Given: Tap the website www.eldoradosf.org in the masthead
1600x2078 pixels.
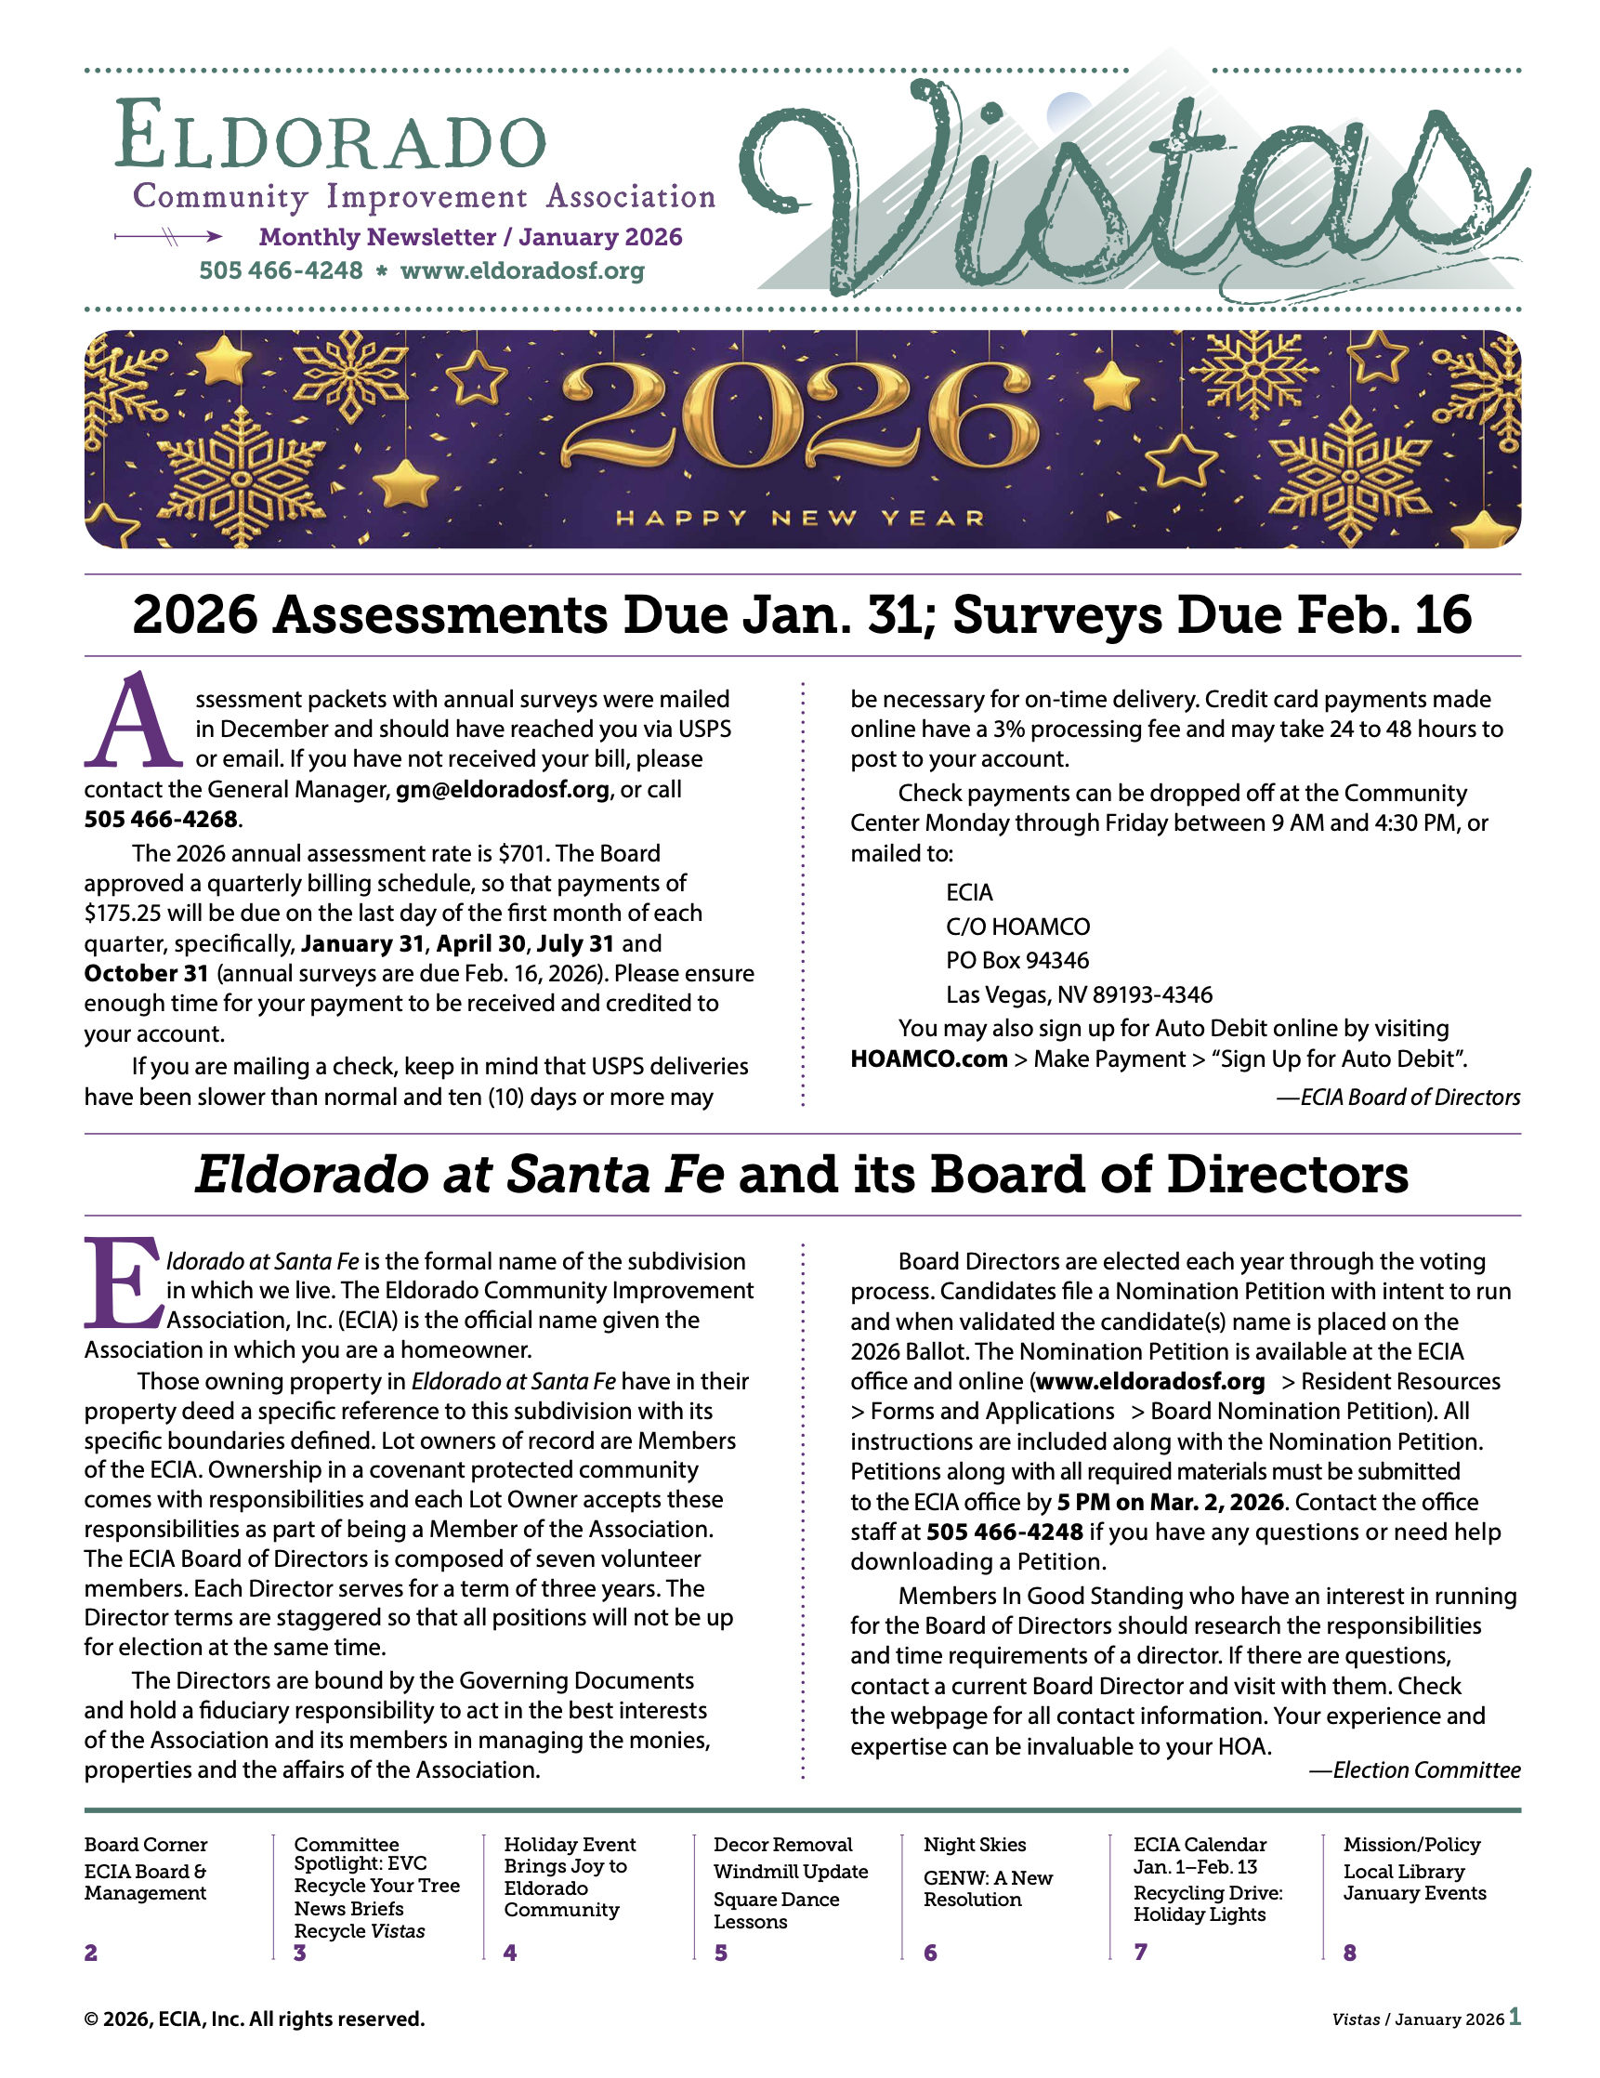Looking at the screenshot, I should click(522, 271).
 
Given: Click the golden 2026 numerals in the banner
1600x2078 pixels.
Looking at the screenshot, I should click(799, 418).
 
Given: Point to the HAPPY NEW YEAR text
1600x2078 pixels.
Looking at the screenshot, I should click(799, 519).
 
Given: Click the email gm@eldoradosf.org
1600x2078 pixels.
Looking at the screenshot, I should click(503, 790).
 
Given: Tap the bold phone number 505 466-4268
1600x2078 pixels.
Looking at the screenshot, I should click(161, 820).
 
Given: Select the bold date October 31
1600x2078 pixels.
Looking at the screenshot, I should click(146, 973).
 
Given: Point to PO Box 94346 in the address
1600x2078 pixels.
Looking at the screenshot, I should click(1016, 961).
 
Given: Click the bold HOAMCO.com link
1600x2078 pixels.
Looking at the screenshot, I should click(928, 1059).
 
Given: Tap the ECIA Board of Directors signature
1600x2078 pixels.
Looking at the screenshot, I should click(1398, 1097).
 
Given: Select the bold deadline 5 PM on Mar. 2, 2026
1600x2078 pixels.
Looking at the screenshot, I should click(1170, 1503).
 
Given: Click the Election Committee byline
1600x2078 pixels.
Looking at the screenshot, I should click(1414, 1769).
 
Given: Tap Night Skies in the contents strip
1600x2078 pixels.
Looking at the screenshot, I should click(974, 1845).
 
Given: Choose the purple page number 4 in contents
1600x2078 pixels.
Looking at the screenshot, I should click(510, 1953).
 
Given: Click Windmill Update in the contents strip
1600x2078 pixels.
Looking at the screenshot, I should click(791, 1872).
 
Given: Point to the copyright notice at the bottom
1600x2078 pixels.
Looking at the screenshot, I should click(254, 2019).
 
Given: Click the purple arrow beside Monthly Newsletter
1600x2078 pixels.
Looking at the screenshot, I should click(168, 236).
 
